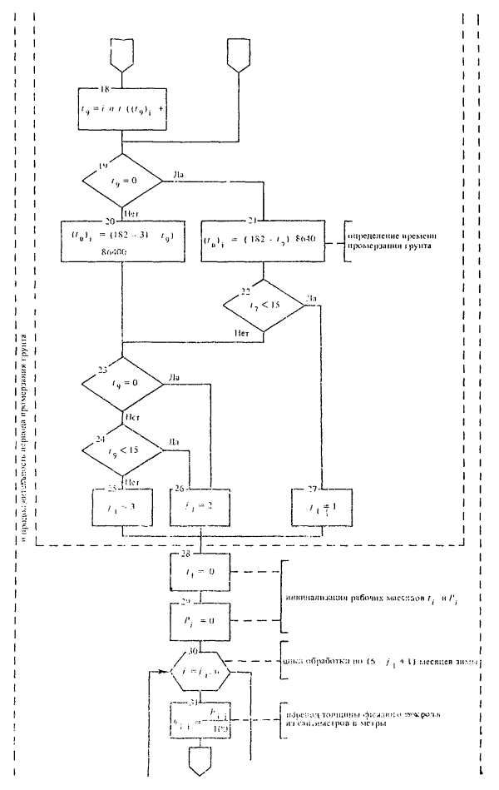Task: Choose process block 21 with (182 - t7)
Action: pyautogui.click(x=262, y=242)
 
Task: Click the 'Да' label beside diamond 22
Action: pyautogui.click(x=312, y=298)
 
